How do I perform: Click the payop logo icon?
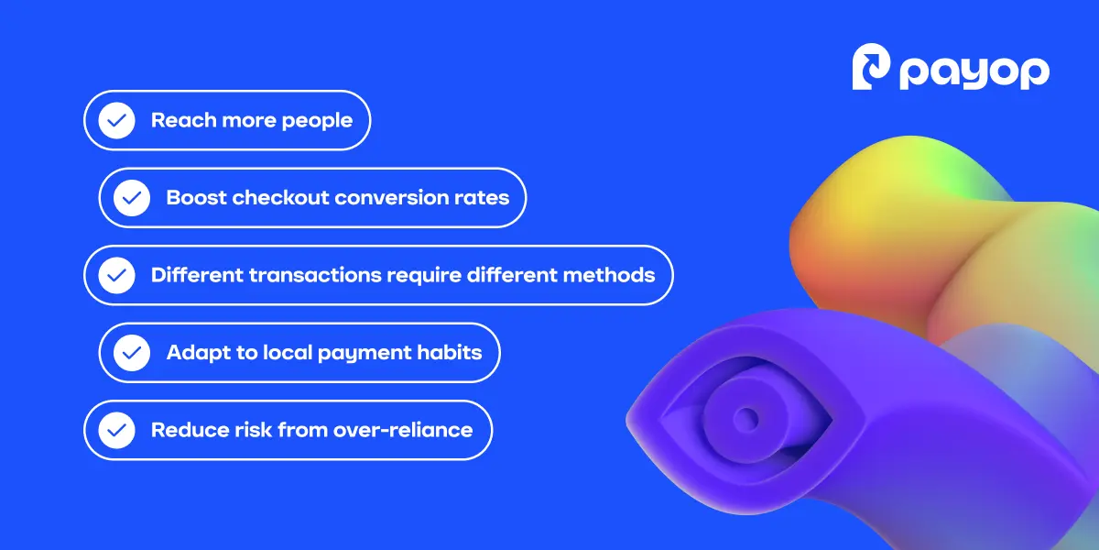pyautogui.click(x=872, y=69)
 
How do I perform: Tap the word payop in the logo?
pyautogui.click(x=974, y=71)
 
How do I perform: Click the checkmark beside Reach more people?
pyautogui.click(x=116, y=120)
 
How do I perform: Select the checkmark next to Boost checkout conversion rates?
pyautogui.click(x=132, y=197)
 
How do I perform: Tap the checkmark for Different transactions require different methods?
pyautogui.click(x=116, y=275)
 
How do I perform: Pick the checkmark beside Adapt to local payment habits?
pyautogui.click(x=132, y=352)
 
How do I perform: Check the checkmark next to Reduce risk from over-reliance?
pyautogui.click(x=116, y=429)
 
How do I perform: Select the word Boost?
pyautogui.click(x=196, y=197)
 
